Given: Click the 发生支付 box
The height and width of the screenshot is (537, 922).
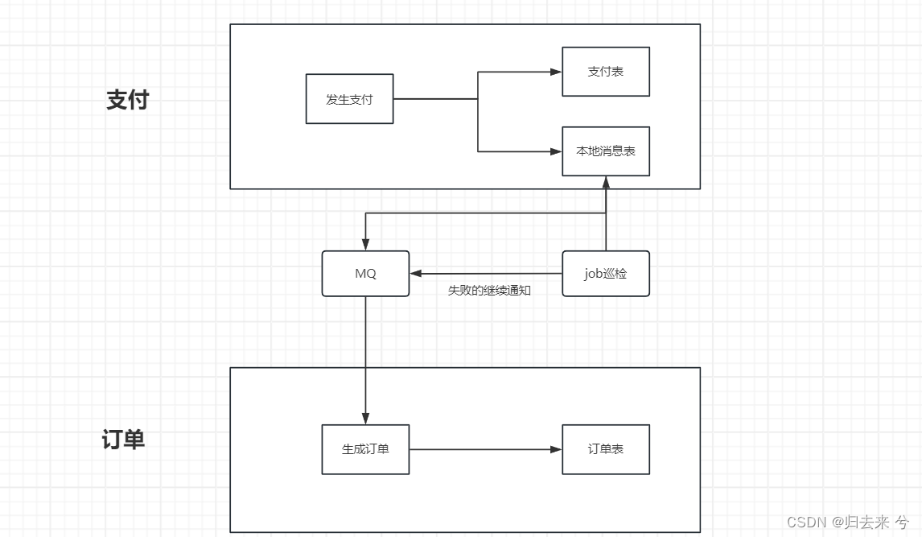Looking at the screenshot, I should [x=349, y=99].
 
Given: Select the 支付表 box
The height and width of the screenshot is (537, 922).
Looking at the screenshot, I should [x=605, y=72].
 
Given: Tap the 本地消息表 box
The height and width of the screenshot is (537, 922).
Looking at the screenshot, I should [x=605, y=151].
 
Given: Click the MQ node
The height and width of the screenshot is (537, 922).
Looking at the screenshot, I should [x=365, y=274].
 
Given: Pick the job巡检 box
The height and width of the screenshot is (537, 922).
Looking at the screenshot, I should [x=605, y=274].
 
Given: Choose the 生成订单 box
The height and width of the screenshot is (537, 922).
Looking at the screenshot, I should [x=365, y=449].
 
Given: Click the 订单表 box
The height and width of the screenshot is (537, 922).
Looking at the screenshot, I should [x=605, y=449].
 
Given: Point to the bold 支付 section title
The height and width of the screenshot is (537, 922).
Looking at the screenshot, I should [x=127, y=100].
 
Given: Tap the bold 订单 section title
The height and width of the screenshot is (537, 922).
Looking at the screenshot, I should [x=123, y=440].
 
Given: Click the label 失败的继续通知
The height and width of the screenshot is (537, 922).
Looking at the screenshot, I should [x=489, y=291].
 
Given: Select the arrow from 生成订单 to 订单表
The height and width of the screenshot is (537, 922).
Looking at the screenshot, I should [x=483, y=449].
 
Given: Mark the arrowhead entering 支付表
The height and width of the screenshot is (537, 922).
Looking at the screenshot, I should [x=556, y=72].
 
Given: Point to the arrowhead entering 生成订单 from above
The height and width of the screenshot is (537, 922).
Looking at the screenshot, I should [x=365, y=419].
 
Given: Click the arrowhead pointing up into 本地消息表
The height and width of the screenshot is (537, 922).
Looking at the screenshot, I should [x=605, y=183].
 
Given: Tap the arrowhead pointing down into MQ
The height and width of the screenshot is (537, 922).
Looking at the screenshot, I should [x=365, y=245].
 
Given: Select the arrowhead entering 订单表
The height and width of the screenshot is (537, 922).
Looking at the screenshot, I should [x=556, y=449].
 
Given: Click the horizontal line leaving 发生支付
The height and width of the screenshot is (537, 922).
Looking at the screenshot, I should [x=434, y=99].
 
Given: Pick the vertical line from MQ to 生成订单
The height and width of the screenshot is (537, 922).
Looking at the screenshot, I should [x=365, y=354].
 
